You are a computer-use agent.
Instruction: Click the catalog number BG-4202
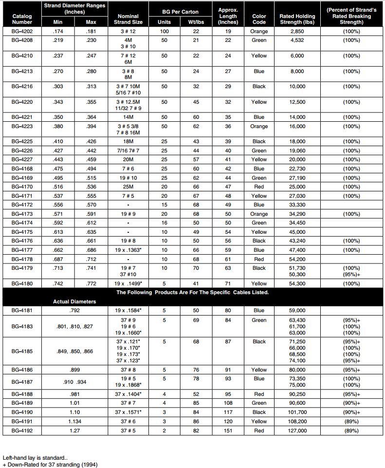(22, 31)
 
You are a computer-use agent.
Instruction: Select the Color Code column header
(259, 19)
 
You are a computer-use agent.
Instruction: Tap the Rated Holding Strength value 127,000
(297, 431)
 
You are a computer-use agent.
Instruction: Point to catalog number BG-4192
(22, 431)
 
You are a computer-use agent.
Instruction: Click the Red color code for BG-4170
(259, 187)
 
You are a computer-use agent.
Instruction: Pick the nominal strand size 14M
(128, 117)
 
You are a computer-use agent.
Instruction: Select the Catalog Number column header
(22, 19)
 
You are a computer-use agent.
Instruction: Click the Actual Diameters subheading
(74, 301)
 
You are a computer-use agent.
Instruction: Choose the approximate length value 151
(228, 431)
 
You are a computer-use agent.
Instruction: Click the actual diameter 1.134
(75, 421)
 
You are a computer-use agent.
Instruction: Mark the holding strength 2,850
(297, 31)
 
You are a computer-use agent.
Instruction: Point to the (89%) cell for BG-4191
(351, 421)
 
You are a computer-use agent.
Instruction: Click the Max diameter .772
(91, 283)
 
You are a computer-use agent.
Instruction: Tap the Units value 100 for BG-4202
(164, 31)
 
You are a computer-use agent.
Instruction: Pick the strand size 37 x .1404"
(128, 394)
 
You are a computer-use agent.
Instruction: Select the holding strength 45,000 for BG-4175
(297, 232)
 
